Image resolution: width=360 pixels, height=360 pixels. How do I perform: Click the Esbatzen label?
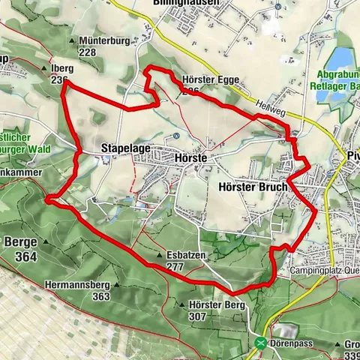click(x=187, y=256)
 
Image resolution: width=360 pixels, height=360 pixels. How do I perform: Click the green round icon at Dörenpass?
click(x=260, y=342)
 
